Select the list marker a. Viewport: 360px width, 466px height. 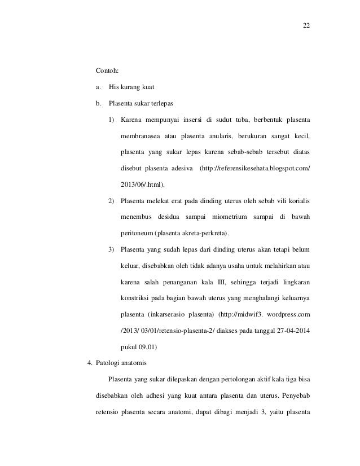coord(98,87)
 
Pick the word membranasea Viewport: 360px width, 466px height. coord(140,137)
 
